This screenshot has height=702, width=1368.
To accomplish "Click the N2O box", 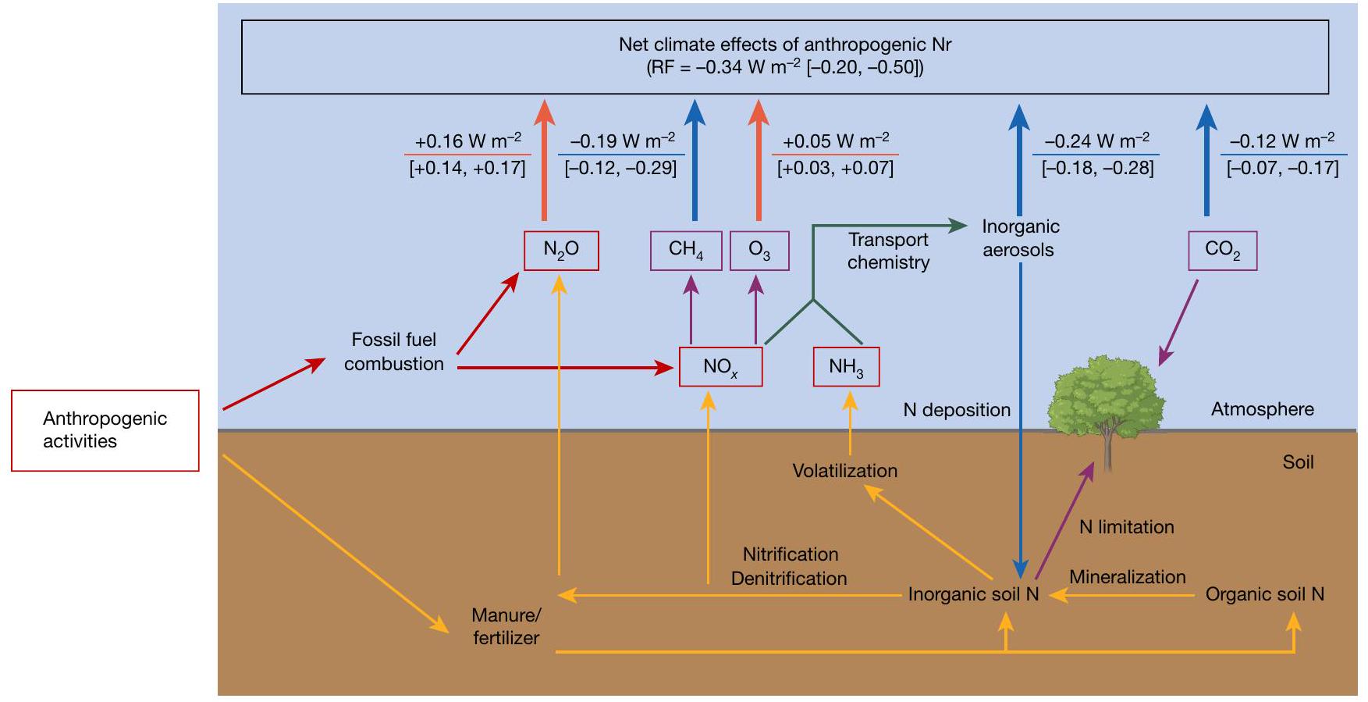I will pos(561,251).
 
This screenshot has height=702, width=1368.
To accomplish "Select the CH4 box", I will pos(686,251).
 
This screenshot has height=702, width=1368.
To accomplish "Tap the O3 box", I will pos(759,251).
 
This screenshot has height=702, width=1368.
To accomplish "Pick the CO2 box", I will pos(1222,251).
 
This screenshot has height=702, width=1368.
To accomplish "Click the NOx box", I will pos(720,366).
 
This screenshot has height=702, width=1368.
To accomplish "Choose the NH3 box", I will pos(846,366).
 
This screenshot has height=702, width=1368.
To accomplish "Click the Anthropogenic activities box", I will pos(105,430).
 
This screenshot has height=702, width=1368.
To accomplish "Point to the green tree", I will pos(1106,398).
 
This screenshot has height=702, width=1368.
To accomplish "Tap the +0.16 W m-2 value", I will pos(468,141).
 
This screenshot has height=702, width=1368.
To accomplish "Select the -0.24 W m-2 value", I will pos(1096,141).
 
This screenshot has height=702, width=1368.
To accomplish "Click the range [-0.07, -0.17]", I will pos(1282,168).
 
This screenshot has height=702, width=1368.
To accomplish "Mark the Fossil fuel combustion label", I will pos(394,351).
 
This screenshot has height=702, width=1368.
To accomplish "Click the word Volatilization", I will pos(845,471).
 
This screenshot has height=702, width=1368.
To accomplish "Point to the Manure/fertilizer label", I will pos(506,626).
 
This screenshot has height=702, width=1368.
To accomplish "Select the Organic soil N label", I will pos(1265,594).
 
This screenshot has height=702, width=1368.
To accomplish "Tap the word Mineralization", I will pos(1127,577).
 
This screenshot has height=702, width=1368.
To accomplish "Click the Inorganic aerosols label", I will pos(1020,238).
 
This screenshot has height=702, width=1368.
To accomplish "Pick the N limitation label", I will pos(1126,527).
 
